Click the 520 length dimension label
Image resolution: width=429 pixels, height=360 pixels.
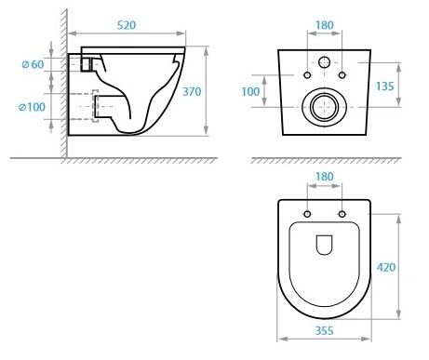127,25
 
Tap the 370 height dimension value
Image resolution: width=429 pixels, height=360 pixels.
192,91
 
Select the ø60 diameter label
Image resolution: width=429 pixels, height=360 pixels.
33,64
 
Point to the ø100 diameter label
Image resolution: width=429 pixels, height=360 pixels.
32,107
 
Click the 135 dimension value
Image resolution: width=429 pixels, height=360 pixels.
384,87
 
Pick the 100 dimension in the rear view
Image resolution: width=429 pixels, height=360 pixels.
250,91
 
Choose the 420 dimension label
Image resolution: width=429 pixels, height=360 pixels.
386,267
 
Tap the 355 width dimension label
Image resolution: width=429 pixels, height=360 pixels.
324,331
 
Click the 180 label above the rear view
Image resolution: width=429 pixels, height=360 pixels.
325,25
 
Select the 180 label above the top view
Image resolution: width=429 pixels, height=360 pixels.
325,177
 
